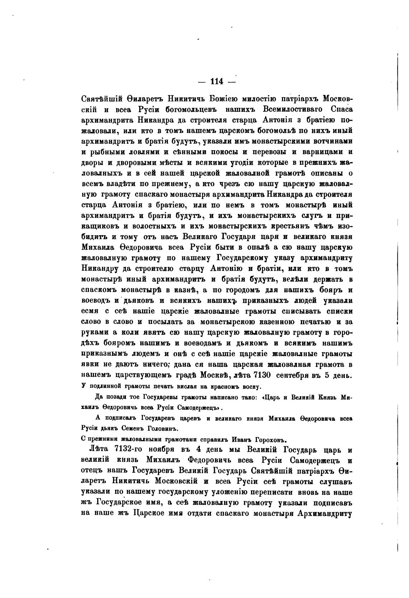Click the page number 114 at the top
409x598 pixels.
217,81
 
